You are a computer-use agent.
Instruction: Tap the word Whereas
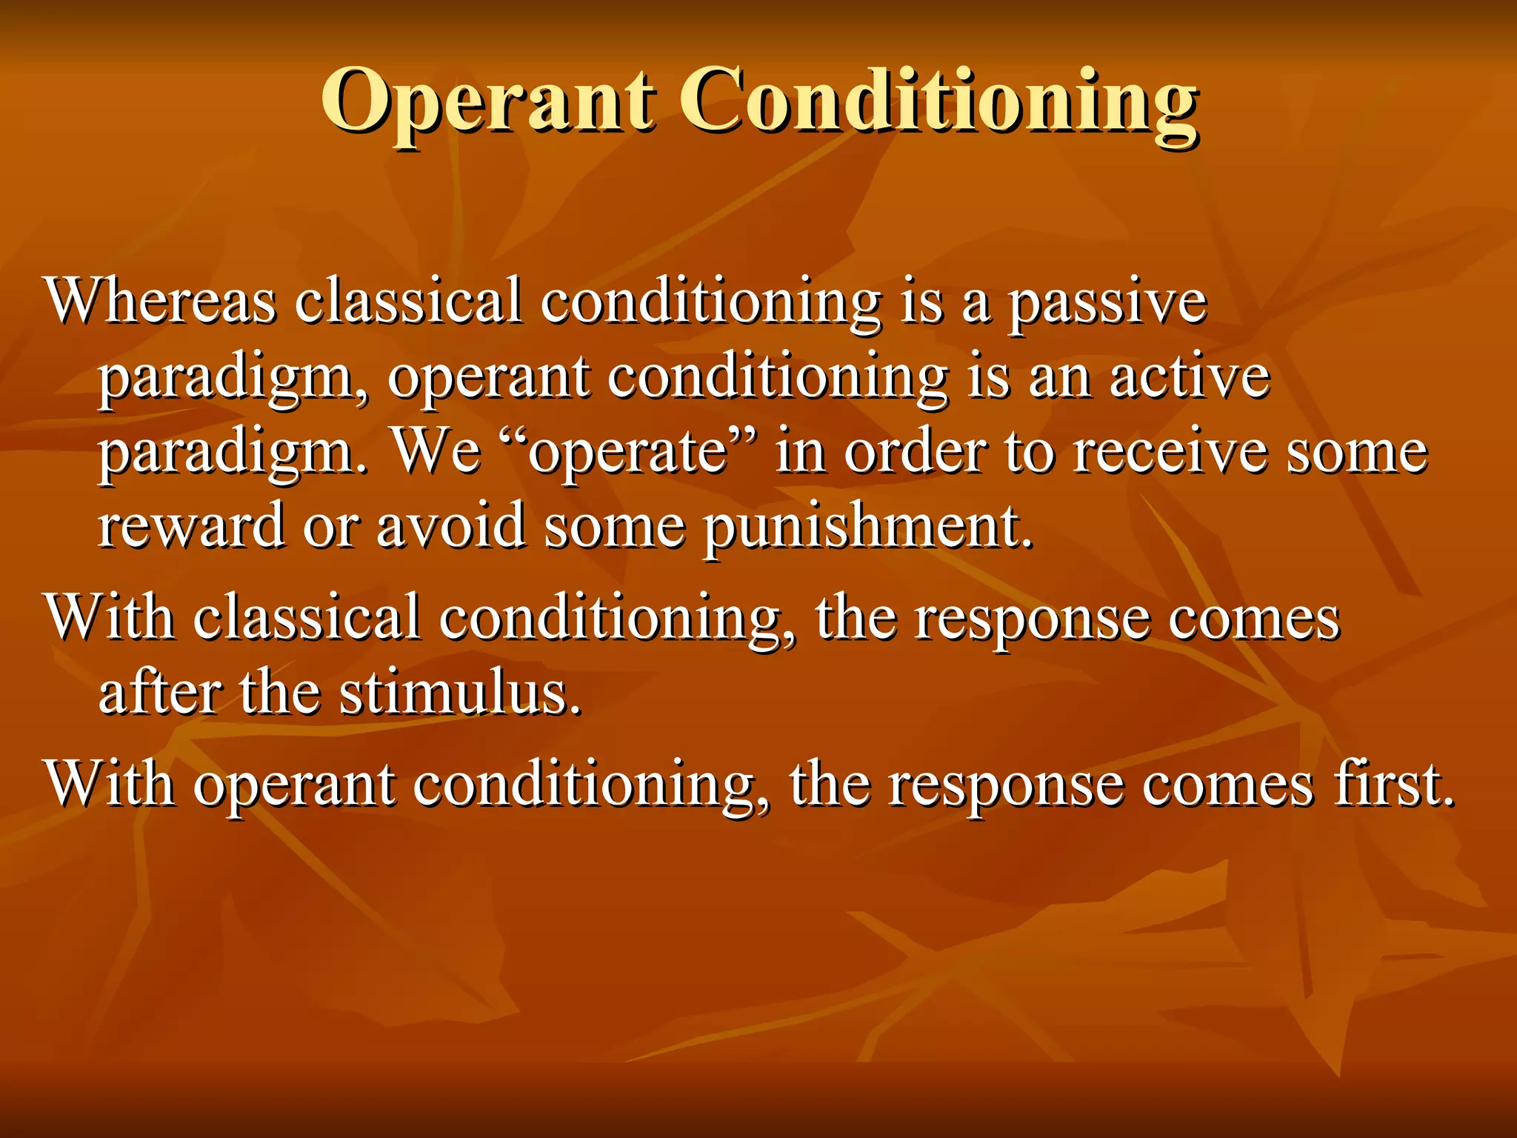pos(161,302)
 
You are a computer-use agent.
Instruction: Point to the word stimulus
pos(459,694)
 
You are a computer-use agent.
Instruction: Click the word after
pos(159,694)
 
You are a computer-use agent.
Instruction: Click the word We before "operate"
pos(436,452)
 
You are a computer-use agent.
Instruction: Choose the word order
pos(916,452)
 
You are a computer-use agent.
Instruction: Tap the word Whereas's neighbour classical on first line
pos(408,302)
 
